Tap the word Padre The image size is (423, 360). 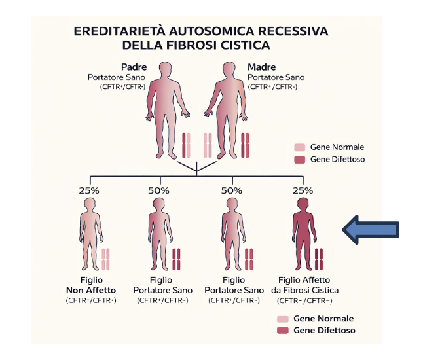134,67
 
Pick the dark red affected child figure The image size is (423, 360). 303,235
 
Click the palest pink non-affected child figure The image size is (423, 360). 90,235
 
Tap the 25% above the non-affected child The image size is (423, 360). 89,190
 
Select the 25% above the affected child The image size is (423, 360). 303,190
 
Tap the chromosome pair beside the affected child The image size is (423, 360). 320,260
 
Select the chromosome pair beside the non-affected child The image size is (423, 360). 105,260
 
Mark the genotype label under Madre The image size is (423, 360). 276,86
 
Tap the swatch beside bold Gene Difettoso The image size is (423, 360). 282,331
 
